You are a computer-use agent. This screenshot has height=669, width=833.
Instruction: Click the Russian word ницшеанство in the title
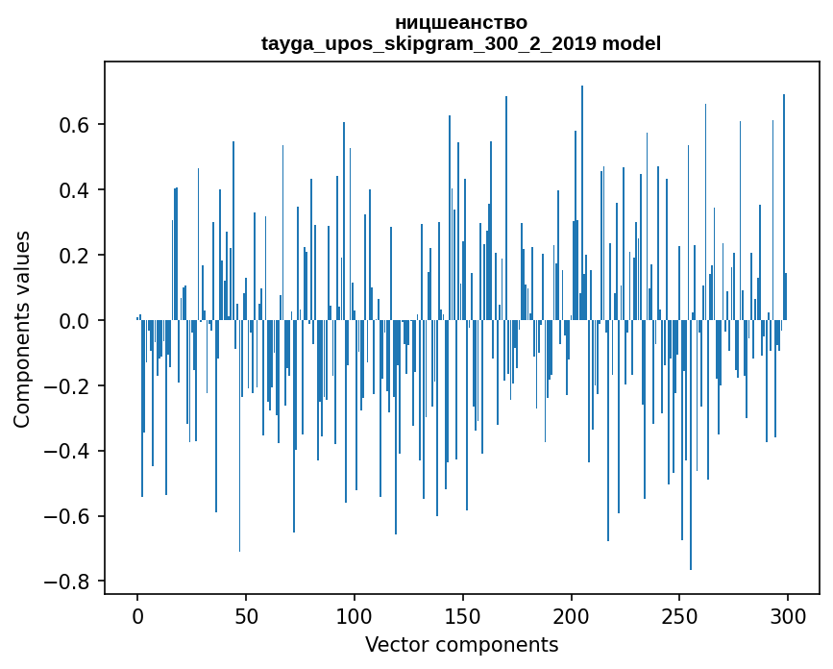[x=461, y=23]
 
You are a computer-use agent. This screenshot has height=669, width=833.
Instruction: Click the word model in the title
[x=631, y=43]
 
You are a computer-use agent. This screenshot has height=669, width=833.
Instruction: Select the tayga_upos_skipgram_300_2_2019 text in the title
[x=429, y=44]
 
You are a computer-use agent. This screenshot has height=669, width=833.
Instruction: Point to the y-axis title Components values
[x=22, y=330]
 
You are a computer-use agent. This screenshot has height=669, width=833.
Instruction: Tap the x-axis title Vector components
[x=461, y=645]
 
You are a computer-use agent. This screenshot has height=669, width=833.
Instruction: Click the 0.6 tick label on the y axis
[x=74, y=125]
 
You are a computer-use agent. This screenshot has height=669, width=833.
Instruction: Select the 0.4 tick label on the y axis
[x=74, y=190]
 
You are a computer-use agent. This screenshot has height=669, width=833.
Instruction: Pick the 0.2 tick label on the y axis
[x=74, y=256]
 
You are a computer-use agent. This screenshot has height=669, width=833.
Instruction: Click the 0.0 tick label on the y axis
[x=74, y=321]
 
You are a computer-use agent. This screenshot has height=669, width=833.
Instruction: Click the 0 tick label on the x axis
[x=137, y=617]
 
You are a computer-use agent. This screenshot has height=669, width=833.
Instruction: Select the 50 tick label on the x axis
[x=246, y=617]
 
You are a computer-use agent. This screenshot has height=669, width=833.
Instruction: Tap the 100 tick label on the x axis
[x=355, y=617]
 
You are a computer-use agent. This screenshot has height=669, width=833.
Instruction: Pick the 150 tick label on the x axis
[x=463, y=617]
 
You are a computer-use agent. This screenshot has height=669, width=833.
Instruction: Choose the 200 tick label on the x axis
[x=571, y=617]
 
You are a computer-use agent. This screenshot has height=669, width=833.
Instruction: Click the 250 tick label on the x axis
[x=679, y=617]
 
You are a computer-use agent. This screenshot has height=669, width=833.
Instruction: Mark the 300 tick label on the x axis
[x=788, y=617]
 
